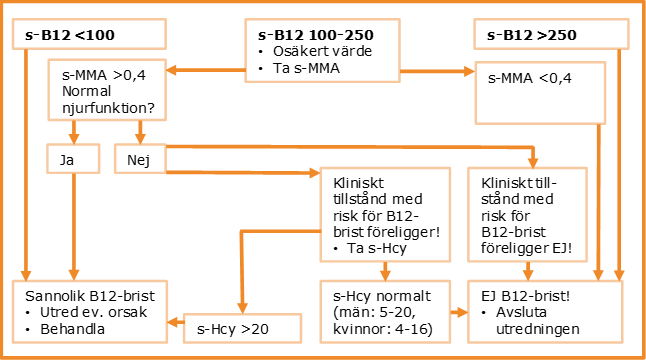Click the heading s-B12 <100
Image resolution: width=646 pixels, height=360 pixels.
tap(70, 35)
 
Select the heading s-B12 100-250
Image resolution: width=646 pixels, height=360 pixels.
tap(316, 35)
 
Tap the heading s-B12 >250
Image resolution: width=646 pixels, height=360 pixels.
tap(531, 35)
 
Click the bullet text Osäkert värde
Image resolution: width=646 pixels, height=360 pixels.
tap(322, 51)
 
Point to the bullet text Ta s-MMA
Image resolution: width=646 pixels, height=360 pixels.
tap(306, 68)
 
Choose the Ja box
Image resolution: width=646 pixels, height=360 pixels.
tap(73, 159)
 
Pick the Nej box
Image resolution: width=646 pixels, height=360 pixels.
tap(140, 159)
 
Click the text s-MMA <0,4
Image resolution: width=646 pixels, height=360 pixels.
tap(530, 78)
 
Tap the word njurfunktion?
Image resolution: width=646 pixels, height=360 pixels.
tap(108, 108)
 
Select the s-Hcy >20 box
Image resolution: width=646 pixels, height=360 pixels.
tap(242, 328)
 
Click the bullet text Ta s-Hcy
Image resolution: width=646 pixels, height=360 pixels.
tap(377, 248)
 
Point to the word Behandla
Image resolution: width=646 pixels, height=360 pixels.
tap(73, 329)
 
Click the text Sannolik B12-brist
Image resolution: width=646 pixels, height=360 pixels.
tap(90, 296)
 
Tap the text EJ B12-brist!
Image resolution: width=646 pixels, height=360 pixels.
tap(525, 296)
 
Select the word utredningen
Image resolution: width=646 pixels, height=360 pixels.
tap(538, 329)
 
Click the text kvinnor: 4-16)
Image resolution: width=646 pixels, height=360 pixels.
tap(383, 329)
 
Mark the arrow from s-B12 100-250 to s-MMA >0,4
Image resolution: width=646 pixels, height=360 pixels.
tap(206, 70)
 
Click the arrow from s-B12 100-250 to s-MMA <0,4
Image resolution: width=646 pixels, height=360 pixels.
tap(437, 71)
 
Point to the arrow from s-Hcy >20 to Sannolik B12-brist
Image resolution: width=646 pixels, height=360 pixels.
tap(176, 322)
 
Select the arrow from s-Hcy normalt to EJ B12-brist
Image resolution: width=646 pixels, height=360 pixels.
tap(459, 312)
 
